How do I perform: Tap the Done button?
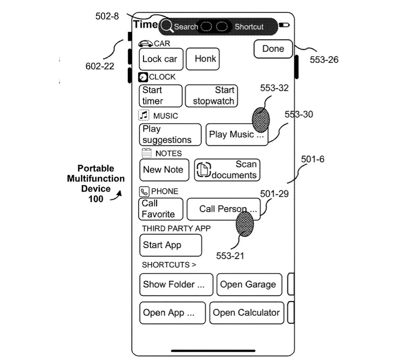(273, 49)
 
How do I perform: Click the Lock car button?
(160, 59)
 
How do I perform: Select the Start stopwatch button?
(212, 96)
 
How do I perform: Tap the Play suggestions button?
(170, 135)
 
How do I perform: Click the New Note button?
(164, 170)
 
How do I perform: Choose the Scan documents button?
(227, 170)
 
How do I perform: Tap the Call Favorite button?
(160, 209)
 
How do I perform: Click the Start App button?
(170, 245)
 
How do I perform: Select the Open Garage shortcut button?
(248, 284)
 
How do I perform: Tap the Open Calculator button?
(246, 313)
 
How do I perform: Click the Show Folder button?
(176, 284)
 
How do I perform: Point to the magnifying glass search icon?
(167, 26)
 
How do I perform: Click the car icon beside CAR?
(145, 44)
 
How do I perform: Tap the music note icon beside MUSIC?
(144, 116)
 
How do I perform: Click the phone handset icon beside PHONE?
(144, 191)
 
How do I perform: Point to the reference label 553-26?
(324, 60)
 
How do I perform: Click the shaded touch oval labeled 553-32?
(261, 120)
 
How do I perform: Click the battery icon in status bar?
(285, 25)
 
